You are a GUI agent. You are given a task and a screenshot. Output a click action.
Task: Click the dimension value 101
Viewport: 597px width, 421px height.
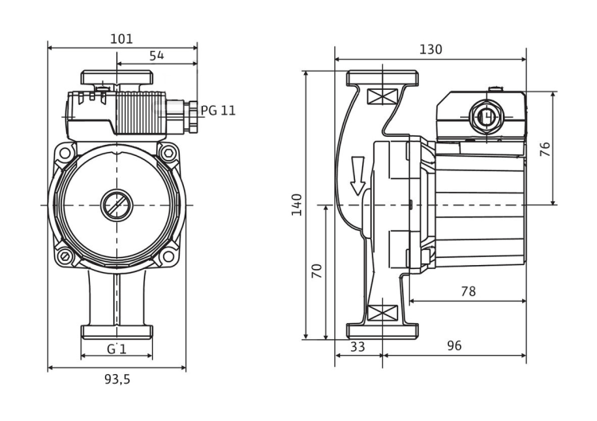pos(122,38)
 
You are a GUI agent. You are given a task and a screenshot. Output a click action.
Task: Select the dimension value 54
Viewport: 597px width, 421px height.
pos(157,56)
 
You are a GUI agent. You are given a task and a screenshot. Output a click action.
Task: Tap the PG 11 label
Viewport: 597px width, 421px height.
pos(218,111)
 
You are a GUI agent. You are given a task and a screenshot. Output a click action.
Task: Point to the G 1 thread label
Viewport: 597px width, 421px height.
pos(117,349)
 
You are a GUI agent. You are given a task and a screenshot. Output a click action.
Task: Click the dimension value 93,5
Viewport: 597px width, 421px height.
pos(117,379)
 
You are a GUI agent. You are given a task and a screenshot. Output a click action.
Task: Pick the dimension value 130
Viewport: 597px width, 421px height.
pos(431,49)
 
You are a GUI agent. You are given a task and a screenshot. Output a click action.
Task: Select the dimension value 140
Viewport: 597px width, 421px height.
pos(297,205)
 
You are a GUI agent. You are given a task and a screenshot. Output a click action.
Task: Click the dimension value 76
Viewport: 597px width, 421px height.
pos(545,149)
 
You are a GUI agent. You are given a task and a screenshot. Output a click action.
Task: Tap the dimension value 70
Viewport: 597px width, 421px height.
pos(318,271)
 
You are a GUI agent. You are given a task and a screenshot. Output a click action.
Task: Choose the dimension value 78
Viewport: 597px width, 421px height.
pos(468,291)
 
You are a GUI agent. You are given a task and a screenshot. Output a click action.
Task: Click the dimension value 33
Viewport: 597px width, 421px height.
pos(358,346)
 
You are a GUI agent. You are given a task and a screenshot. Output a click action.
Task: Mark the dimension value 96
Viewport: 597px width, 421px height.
pos(454,346)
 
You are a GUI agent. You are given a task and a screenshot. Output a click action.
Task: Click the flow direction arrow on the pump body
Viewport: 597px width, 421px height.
pos(358,175)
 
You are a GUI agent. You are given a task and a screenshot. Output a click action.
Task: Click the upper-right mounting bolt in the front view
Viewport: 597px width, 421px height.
pos(169,152)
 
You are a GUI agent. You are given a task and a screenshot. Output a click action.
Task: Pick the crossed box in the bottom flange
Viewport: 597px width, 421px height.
pos(381,312)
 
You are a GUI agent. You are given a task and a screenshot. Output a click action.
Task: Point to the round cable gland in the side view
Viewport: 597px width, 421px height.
pos(483,118)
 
